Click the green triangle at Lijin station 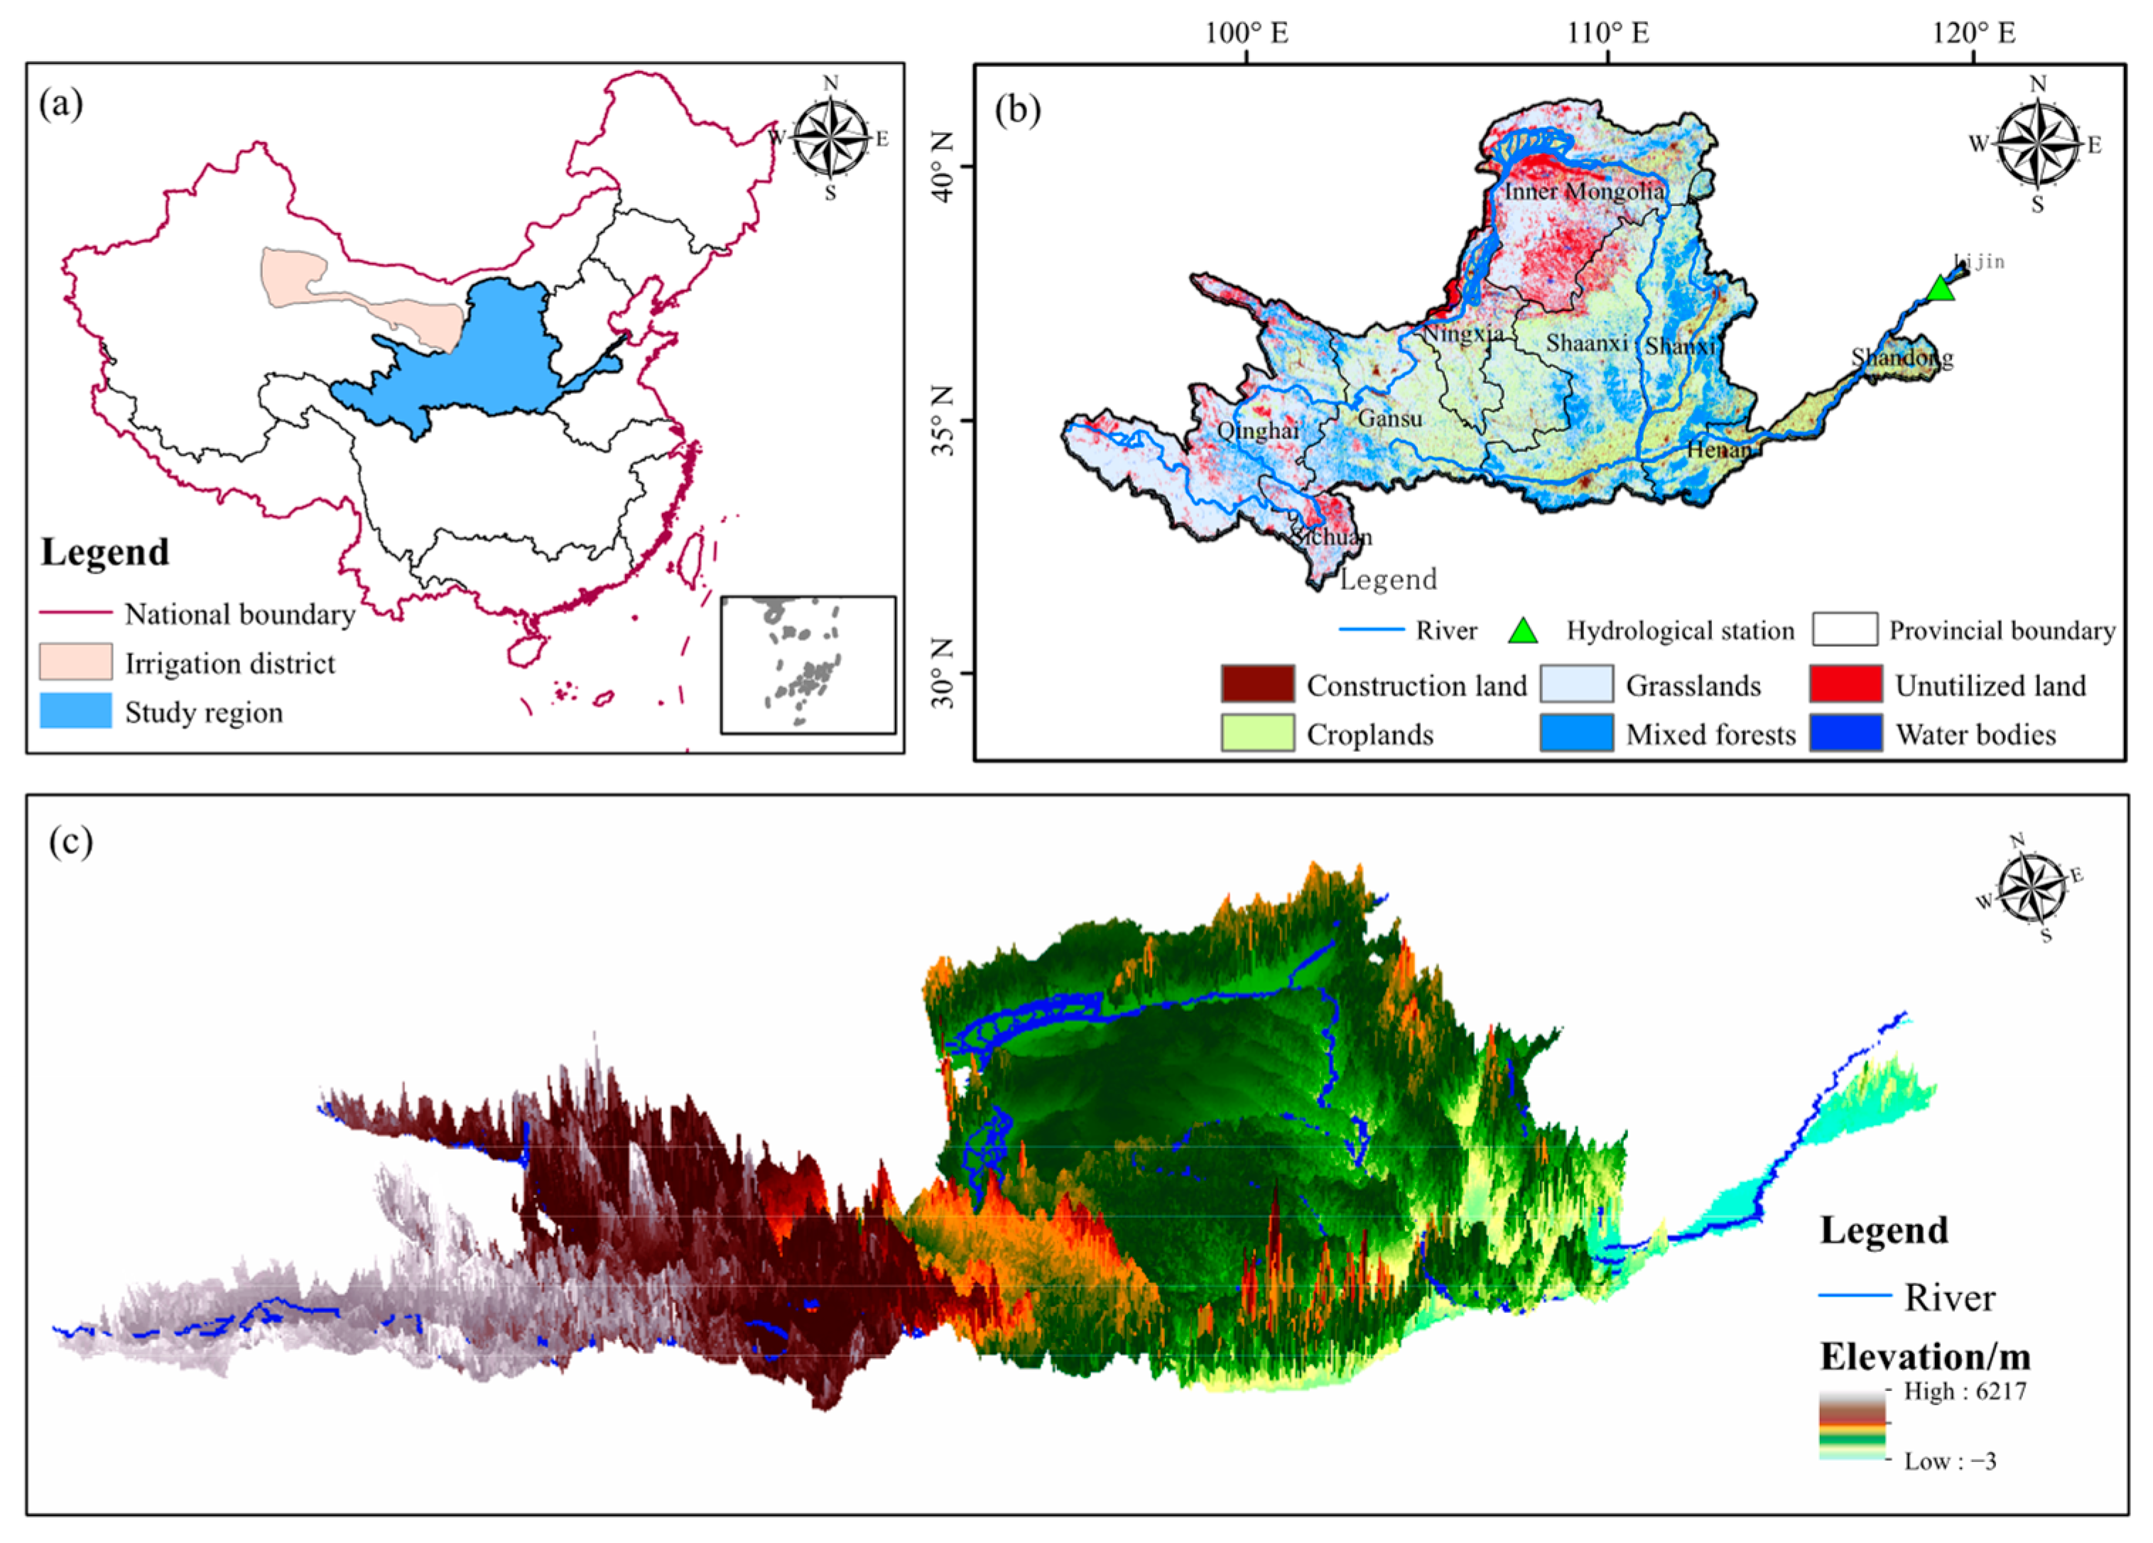coord(1941,288)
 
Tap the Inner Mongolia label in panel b coord(1583,192)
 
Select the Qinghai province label coord(1258,431)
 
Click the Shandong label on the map coord(1902,358)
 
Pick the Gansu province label coord(1390,418)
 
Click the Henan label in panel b coord(1719,449)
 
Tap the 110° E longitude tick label coord(1608,34)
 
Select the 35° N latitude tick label coord(943,420)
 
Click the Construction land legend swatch coord(1257,683)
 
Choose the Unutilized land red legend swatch coord(1845,683)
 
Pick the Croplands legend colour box coord(1257,733)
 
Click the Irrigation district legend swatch coord(75,663)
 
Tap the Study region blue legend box coord(75,711)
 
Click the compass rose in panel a coord(830,138)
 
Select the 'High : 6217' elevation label coord(1964,1392)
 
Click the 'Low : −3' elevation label coord(1949,1461)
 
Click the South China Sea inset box coord(807,664)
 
